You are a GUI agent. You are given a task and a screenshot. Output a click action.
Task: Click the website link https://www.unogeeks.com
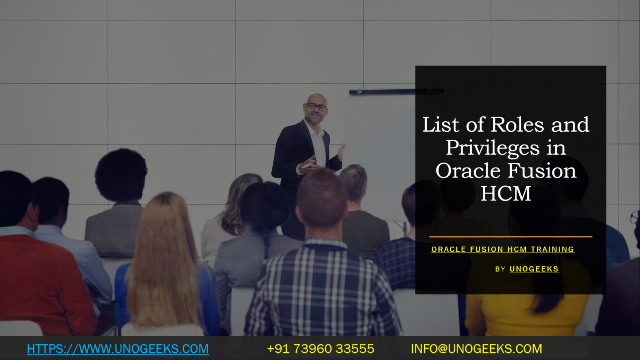(117, 349)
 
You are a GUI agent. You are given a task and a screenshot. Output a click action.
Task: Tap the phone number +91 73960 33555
(320, 349)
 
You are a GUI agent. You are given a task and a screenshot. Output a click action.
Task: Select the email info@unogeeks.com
(476, 349)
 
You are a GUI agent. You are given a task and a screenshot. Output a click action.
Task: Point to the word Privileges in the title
(492, 148)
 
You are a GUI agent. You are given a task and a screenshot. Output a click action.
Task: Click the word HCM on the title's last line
(506, 193)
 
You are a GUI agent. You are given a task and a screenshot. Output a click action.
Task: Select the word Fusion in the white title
(542, 170)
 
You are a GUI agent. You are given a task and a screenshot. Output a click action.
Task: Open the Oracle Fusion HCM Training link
(502, 249)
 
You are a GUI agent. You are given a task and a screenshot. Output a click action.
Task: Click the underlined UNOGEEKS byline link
(534, 269)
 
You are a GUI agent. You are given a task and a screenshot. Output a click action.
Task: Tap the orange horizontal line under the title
(510, 237)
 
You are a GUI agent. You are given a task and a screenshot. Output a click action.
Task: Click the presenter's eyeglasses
(317, 107)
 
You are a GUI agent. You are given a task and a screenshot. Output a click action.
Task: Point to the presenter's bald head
(317, 98)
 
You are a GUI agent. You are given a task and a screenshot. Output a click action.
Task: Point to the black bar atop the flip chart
(396, 91)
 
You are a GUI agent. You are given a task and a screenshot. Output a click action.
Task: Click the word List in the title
(442, 125)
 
